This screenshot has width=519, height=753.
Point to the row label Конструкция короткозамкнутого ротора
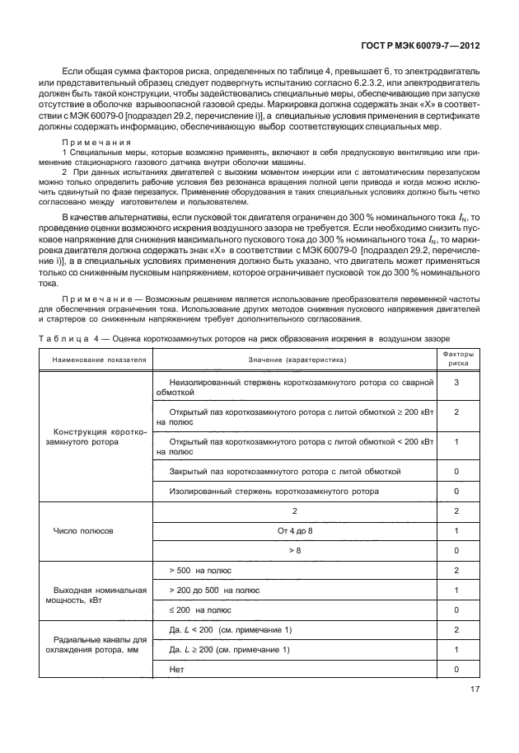point(100,437)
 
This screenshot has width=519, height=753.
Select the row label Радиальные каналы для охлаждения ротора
point(100,643)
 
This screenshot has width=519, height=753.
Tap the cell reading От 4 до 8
point(297,531)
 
